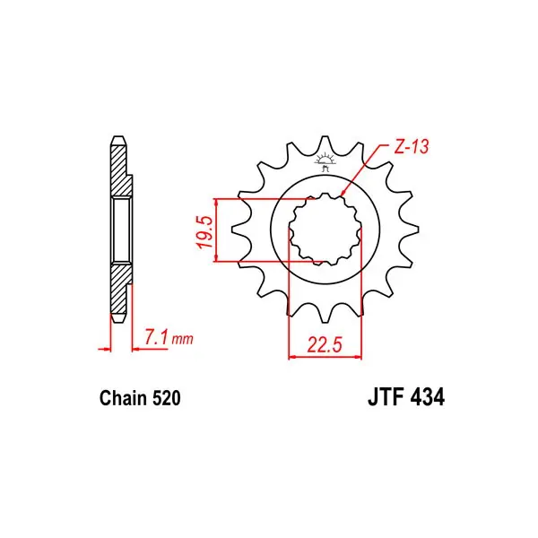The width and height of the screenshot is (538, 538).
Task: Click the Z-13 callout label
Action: (411, 147)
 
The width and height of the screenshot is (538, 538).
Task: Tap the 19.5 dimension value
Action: (204, 232)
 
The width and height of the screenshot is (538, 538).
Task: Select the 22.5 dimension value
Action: (325, 345)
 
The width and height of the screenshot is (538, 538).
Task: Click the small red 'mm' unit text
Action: (183, 339)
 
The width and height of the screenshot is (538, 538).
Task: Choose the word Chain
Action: (123, 398)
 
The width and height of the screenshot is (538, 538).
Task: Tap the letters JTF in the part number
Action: (385, 397)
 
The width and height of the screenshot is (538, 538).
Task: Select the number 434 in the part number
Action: (427, 397)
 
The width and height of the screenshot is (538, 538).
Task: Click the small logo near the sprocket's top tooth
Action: (325, 163)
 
